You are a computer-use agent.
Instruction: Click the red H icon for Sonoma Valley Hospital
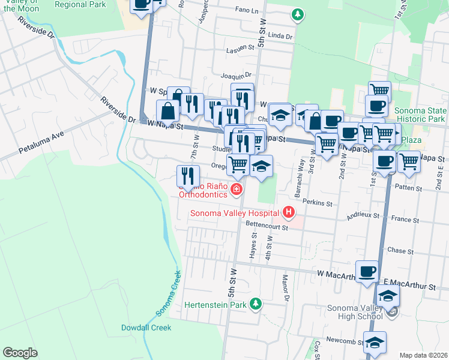(x=289, y=212)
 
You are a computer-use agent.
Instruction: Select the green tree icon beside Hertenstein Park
(x=256, y=304)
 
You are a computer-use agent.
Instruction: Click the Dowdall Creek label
(x=146, y=328)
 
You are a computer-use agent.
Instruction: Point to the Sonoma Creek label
(x=169, y=292)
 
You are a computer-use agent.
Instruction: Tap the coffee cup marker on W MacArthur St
(x=367, y=271)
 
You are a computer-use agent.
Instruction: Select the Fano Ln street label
(x=247, y=11)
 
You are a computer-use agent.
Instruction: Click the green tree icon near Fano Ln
(x=296, y=14)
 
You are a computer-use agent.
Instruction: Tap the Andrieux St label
(x=360, y=214)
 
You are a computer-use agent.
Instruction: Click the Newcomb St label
(x=342, y=340)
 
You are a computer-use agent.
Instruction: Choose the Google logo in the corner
(x=20, y=353)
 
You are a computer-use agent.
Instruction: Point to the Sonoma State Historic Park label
(x=420, y=115)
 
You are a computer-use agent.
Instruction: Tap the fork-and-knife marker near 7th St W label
(x=188, y=175)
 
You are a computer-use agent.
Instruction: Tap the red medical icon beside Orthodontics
(x=236, y=190)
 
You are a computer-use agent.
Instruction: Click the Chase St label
(x=397, y=250)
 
